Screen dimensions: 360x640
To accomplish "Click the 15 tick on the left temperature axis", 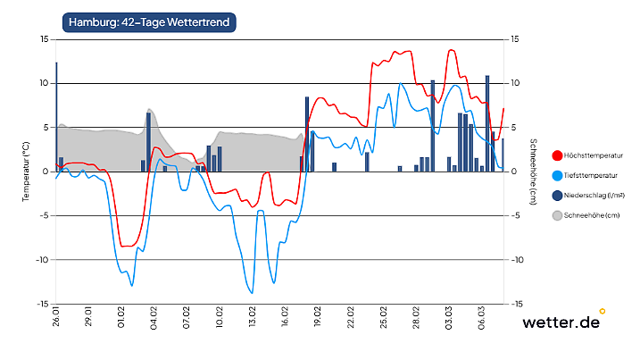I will point(44,39).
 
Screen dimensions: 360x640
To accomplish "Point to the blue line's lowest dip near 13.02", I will point(252,292).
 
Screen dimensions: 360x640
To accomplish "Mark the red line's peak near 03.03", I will point(452,50).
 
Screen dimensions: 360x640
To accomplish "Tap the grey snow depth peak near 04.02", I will point(150,110).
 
